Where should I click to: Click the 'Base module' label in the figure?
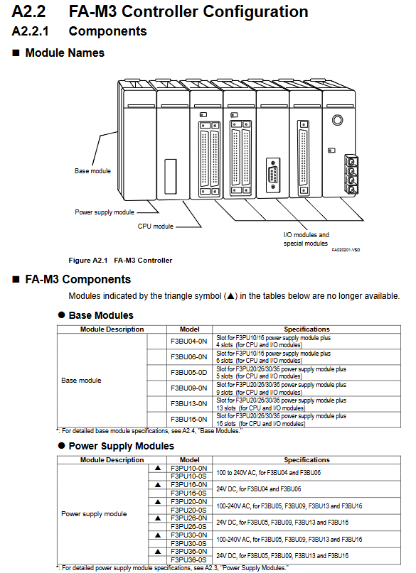92,170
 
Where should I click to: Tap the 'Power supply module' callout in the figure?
105,212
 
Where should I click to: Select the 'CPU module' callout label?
156,227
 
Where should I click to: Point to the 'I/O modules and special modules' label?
306,239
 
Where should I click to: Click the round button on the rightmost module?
337,120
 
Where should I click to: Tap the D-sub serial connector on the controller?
273,175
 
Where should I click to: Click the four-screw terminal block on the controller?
351,174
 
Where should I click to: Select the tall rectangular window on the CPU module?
171,177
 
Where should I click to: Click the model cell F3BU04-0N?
188,342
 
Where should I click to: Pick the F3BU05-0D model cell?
188,372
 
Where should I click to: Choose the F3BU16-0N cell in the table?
188,419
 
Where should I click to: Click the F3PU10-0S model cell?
188,476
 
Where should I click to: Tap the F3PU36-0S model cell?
188,560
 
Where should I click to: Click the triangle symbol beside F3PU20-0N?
158,502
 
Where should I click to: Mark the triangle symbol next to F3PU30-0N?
158,535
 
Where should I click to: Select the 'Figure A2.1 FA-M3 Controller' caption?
120,260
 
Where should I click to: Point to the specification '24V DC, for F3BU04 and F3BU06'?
259,489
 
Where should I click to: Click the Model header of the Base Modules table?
190,329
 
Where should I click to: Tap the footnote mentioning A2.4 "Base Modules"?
149,431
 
